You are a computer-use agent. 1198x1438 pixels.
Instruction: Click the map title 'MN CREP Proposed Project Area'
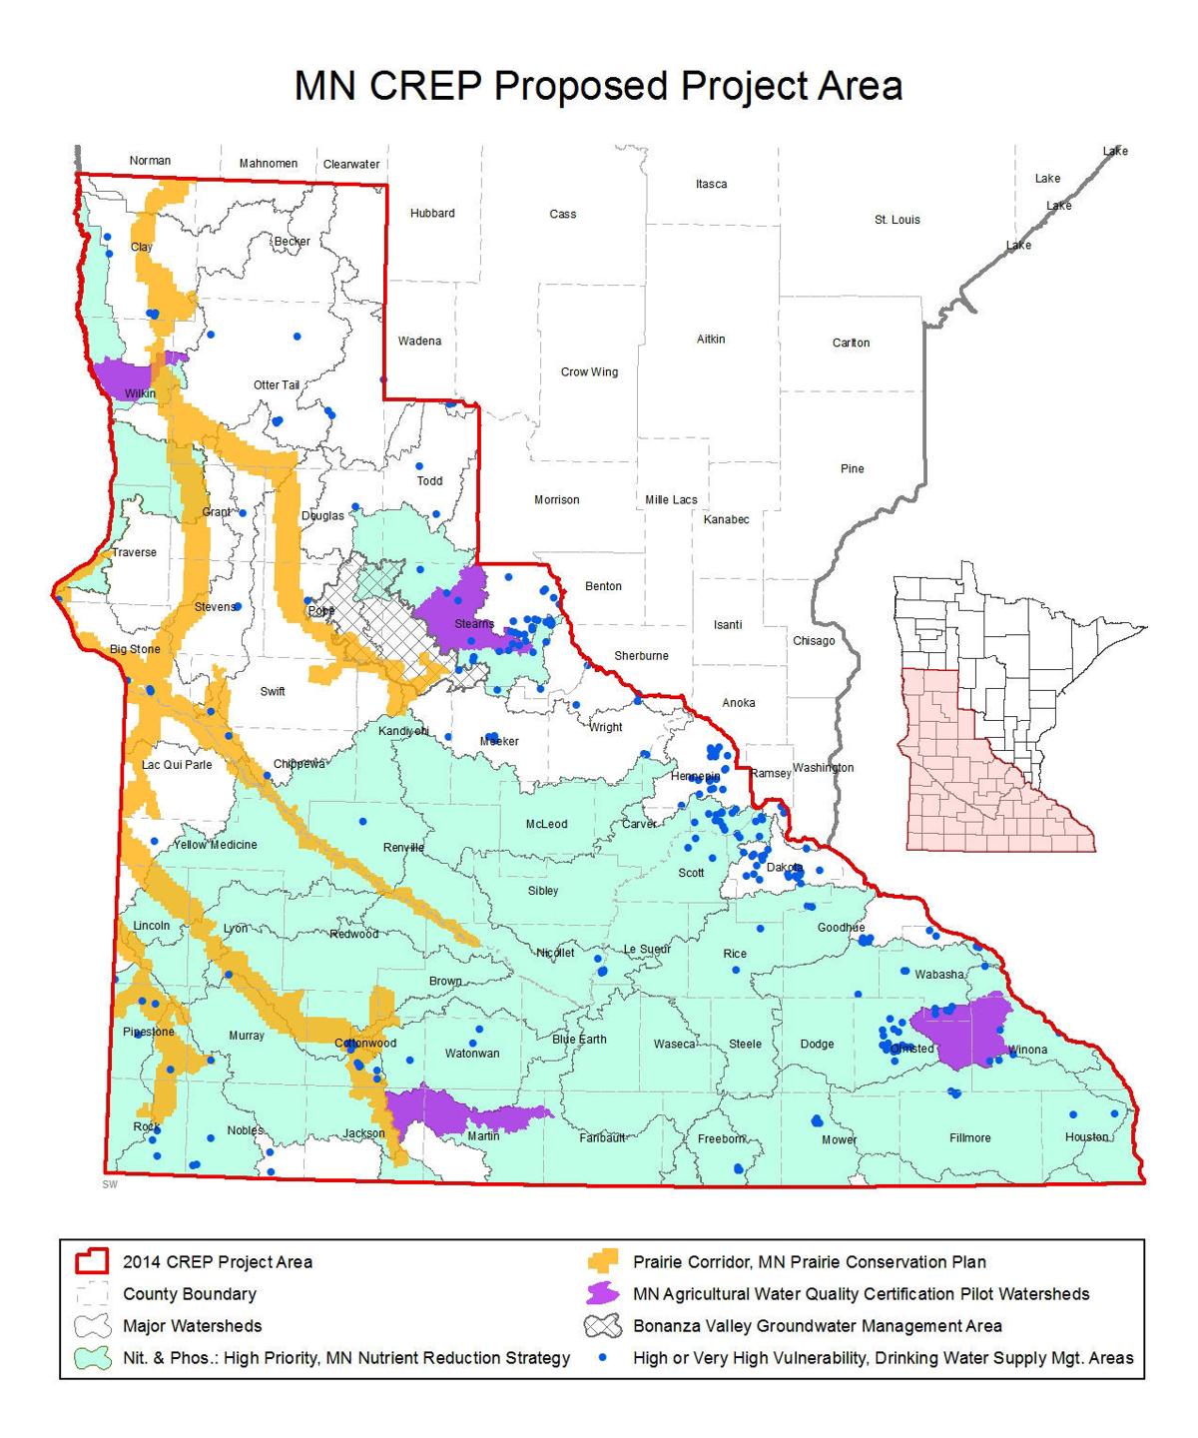(598, 87)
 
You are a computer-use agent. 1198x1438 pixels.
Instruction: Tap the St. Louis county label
(897, 220)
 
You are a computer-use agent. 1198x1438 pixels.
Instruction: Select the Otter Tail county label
(276, 385)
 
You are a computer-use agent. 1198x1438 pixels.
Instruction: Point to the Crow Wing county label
(589, 372)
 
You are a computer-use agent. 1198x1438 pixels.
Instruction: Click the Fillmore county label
(969, 1137)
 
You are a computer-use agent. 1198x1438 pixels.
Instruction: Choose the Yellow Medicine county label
(215, 845)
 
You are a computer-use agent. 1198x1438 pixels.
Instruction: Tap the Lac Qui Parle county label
(177, 765)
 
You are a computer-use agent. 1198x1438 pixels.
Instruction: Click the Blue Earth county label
(579, 1040)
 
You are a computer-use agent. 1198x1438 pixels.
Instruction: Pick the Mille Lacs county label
(671, 500)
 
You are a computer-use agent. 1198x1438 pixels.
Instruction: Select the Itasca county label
(711, 185)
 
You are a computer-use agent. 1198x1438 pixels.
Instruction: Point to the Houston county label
(1086, 1137)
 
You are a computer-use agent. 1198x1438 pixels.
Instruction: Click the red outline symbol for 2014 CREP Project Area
(90, 1262)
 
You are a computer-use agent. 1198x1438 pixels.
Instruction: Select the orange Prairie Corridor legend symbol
(602, 1262)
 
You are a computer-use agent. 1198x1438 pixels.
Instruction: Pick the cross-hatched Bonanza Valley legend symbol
(602, 1326)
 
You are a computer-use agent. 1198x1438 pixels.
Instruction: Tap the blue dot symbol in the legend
(602, 1358)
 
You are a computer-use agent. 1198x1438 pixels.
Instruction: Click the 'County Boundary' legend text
(190, 1294)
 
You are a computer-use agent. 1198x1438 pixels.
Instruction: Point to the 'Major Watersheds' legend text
(193, 1326)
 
